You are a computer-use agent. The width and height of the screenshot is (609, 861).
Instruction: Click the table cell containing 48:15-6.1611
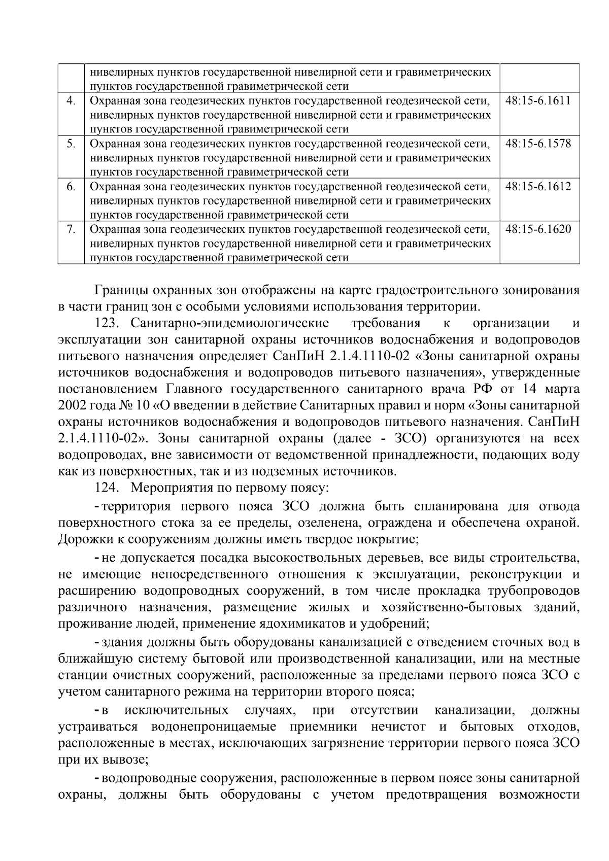click(x=538, y=100)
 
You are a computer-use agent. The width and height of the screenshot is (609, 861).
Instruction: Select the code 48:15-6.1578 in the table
click(x=538, y=144)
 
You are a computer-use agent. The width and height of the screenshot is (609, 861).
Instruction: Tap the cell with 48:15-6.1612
click(x=538, y=187)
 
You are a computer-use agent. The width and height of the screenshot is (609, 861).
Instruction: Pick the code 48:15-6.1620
click(x=538, y=229)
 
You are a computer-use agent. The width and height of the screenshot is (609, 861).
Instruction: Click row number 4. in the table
click(x=71, y=100)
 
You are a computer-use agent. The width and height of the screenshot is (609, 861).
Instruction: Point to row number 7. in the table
click(x=71, y=229)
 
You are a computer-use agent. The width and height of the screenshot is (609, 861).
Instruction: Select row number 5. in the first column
click(x=71, y=144)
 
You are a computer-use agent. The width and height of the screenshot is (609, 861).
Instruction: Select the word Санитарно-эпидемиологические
click(x=229, y=323)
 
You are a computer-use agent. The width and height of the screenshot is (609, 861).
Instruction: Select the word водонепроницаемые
click(x=214, y=727)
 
